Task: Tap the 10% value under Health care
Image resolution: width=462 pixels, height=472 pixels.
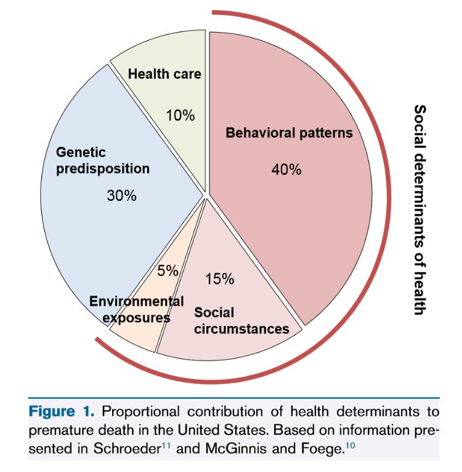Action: click(x=180, y=115)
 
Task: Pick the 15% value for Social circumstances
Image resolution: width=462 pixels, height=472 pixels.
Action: click(x=220, y=279)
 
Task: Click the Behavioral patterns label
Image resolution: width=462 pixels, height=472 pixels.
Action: click(x=289, y=132)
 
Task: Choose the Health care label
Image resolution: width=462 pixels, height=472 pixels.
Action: click(x=164, y=74)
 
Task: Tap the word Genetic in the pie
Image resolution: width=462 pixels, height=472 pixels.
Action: click(x=81, y=152)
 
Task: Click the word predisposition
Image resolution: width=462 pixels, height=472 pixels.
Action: click(x=103, y=168)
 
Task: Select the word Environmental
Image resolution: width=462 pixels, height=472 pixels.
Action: click(x=136, y=301)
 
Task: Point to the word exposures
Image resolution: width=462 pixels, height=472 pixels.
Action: click(x=136, y=318)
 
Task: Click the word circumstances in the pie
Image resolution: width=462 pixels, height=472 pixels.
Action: click(x=241, y=328)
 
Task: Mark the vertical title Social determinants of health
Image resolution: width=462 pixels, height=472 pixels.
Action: click(x=419, y=210)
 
